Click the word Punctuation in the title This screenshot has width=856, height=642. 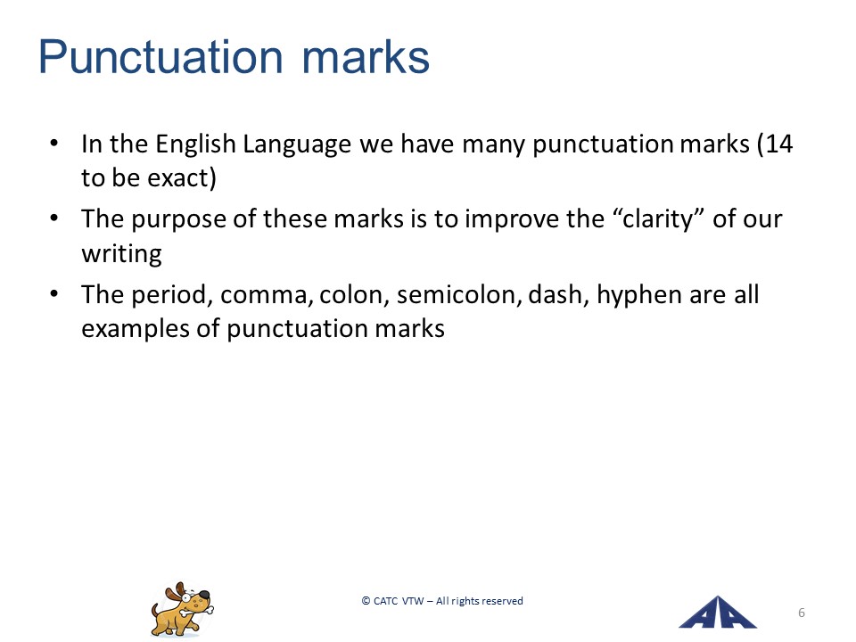click(x=161, y=57)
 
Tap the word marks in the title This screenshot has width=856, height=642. click(x=366, y=57)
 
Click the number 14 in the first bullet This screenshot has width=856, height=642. click(x=779, y=144)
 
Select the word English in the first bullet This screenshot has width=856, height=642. click(x=195, y=144)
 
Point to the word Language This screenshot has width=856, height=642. click(x=297, y=145)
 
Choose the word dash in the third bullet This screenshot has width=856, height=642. click(x=555, y=295)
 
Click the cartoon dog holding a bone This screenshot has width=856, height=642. click(x=182, y=609)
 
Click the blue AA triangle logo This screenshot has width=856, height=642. click(x=717, y=612)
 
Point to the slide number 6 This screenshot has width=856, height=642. click(x=802, y=613)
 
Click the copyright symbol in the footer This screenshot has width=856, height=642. click(x=366, y=601)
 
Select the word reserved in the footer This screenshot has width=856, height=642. click(x=502, y=601)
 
